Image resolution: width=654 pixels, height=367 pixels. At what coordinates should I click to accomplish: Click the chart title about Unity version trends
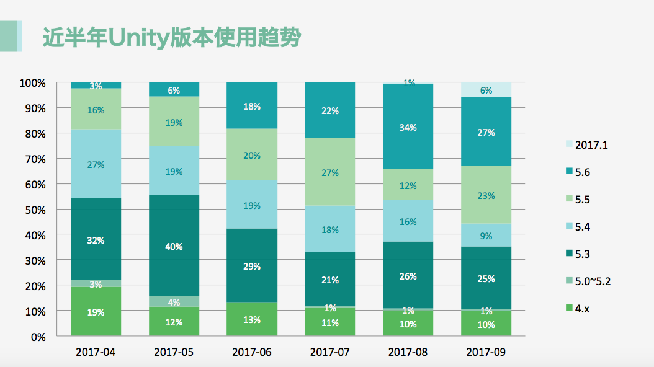tap(171, 38)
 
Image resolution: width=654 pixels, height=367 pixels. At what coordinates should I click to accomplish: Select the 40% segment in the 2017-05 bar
tap(174, 246)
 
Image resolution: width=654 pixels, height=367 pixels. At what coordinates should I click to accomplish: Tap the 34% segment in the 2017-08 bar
tap(408, 127)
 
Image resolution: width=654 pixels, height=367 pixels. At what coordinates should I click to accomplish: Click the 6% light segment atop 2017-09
tap(486, 90)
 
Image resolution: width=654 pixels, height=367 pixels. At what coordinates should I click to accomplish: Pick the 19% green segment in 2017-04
tap(96, 312)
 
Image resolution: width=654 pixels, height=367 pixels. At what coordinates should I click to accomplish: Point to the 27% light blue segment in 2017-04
tap(96, 164)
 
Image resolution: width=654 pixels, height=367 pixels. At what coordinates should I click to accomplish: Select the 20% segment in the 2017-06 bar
tap(252, 155)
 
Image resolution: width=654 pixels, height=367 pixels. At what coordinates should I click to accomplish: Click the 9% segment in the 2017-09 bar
tap(486, 235)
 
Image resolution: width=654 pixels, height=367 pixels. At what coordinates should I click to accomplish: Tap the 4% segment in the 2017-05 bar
tap(174, 302)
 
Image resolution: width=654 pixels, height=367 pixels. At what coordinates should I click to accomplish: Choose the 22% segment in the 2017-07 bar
tap(330, 110)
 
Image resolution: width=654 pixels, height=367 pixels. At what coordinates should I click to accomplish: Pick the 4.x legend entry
tap(583, 308)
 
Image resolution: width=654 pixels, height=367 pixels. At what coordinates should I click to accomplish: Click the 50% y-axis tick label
tap(35, 210)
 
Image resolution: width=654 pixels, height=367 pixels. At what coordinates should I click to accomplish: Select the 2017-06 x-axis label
tap(252, 352)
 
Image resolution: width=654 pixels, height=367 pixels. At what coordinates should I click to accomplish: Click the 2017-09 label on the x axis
tap(486, 352)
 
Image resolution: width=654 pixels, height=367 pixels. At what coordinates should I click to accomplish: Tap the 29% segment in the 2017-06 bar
tap(252, 266)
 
